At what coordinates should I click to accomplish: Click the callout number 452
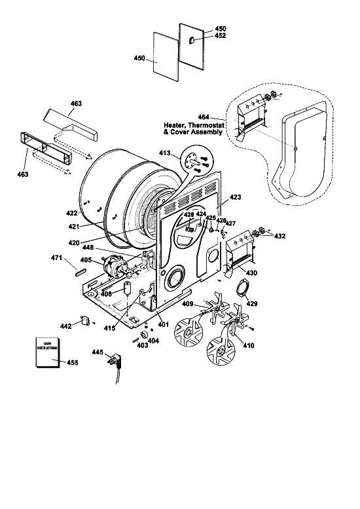point(220,36)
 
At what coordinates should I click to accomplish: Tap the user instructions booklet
point(48,352)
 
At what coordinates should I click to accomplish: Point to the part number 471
point(57,257)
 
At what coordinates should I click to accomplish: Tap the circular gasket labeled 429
point(243,288)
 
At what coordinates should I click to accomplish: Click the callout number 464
point(204,117)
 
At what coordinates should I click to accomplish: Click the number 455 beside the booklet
point(72,362)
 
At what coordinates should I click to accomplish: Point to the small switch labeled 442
point(85,320)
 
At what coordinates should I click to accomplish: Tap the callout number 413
point(165,153)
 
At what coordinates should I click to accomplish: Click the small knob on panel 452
point(192,40)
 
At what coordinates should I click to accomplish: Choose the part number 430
point(252,273)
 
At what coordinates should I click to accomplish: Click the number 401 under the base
point(163,324)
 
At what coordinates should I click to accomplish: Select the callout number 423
point(236,197)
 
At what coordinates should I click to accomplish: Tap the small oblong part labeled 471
point(81,272)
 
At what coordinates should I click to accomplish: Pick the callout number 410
point(249,345)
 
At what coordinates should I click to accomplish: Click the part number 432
point(279,236)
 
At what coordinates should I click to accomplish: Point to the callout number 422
point(72,214)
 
